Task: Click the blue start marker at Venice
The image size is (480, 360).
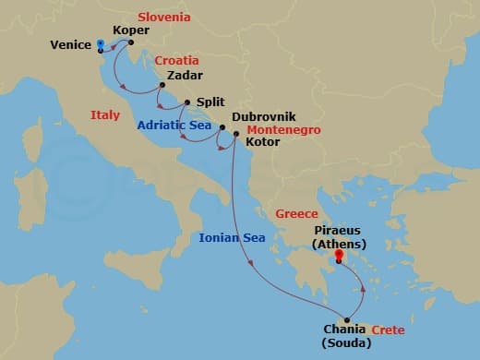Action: (x=101, y=43)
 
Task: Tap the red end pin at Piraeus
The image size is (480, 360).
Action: (x=340, y=255)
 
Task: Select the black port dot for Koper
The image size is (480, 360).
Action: (x=131, y=42)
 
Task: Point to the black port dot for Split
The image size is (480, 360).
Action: (x=187, y=103)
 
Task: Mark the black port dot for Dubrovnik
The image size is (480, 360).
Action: (x=222, y=127)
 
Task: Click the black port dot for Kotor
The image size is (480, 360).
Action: (x=236, y=135)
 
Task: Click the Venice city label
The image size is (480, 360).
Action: (x=70, y=44)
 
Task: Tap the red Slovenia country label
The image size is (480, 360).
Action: (x=163, y=17)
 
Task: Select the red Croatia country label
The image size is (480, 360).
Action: (x=176, y=61)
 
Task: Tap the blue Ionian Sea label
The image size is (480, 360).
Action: (x=233, y=238)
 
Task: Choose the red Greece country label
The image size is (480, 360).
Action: (x=297, y=214)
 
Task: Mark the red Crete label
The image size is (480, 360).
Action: (x=389, y=330)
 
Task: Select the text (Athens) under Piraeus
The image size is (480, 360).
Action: (x=340, y=244)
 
